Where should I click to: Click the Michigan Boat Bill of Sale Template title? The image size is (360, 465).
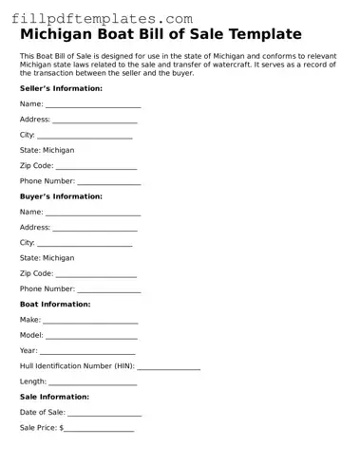161,35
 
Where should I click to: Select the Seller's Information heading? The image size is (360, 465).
61,88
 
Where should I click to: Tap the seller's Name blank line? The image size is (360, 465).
93,105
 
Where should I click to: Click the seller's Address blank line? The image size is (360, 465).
95,121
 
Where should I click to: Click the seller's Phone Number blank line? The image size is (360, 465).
109,182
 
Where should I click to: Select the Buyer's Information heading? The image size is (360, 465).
61,196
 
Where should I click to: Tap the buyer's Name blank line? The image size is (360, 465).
93,214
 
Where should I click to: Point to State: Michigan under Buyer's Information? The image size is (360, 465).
47,258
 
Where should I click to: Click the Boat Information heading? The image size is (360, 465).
55,305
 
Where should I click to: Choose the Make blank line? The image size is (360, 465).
91,322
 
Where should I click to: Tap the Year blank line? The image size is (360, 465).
88,352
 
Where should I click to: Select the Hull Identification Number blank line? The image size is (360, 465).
169,367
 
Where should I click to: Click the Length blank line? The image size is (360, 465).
93,382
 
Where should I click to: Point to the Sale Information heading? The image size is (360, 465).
54,397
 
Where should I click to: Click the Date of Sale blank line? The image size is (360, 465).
104,414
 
